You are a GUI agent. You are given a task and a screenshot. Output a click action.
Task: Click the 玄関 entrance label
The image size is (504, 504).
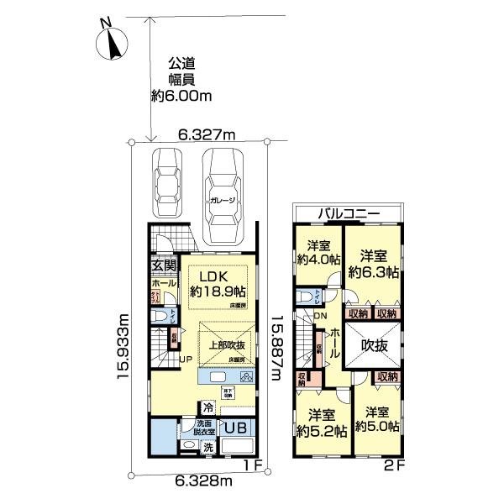(162, 265)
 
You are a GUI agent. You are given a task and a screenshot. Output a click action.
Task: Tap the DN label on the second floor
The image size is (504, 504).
(320, 315)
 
